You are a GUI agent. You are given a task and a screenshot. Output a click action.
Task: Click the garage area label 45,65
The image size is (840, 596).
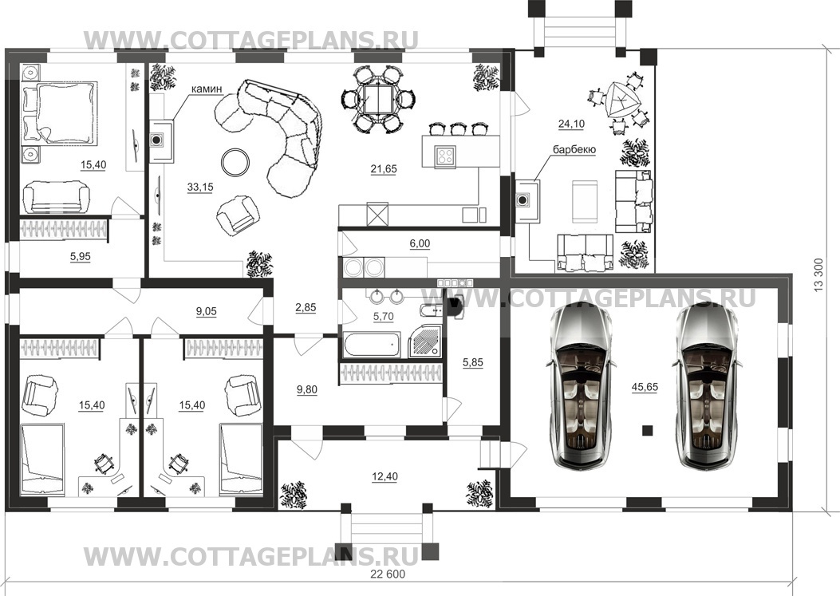(x=645, y=387)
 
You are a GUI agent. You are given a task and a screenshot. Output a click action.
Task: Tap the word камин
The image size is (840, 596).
(x=207, y=89)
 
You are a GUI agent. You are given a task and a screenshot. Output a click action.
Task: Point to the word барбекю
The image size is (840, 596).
(x=574, y=149)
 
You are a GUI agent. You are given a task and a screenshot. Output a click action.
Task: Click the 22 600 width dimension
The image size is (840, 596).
(x=388, y=574)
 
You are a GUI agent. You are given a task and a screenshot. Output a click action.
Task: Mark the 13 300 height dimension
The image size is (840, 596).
(x=818, y=275)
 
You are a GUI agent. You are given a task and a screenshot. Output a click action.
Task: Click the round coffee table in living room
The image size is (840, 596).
(x=235, y=162)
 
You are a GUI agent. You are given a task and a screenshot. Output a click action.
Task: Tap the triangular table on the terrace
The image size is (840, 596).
(x=621, y=100)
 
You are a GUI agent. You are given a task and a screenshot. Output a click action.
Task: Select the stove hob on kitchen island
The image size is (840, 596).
(x=446, y=155)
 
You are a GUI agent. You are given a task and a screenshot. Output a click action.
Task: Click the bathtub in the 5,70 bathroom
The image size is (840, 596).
(x=372, y=345)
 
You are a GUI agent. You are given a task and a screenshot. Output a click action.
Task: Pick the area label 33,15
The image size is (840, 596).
(x=200, y=187)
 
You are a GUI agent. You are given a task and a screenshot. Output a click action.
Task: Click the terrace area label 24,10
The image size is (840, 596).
(x=572, y=124)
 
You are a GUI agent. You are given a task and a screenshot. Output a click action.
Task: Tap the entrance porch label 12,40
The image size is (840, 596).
(x=385, y=476)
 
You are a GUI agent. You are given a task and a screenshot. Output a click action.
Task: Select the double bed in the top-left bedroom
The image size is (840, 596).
(x=60, y=112)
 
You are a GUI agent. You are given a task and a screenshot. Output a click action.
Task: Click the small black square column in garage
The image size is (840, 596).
(x=648, y=430)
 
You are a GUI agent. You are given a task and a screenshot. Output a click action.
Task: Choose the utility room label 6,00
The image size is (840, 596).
(x=420, y=243)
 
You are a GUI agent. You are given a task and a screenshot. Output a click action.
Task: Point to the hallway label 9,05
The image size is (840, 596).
(x=207, y=311)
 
